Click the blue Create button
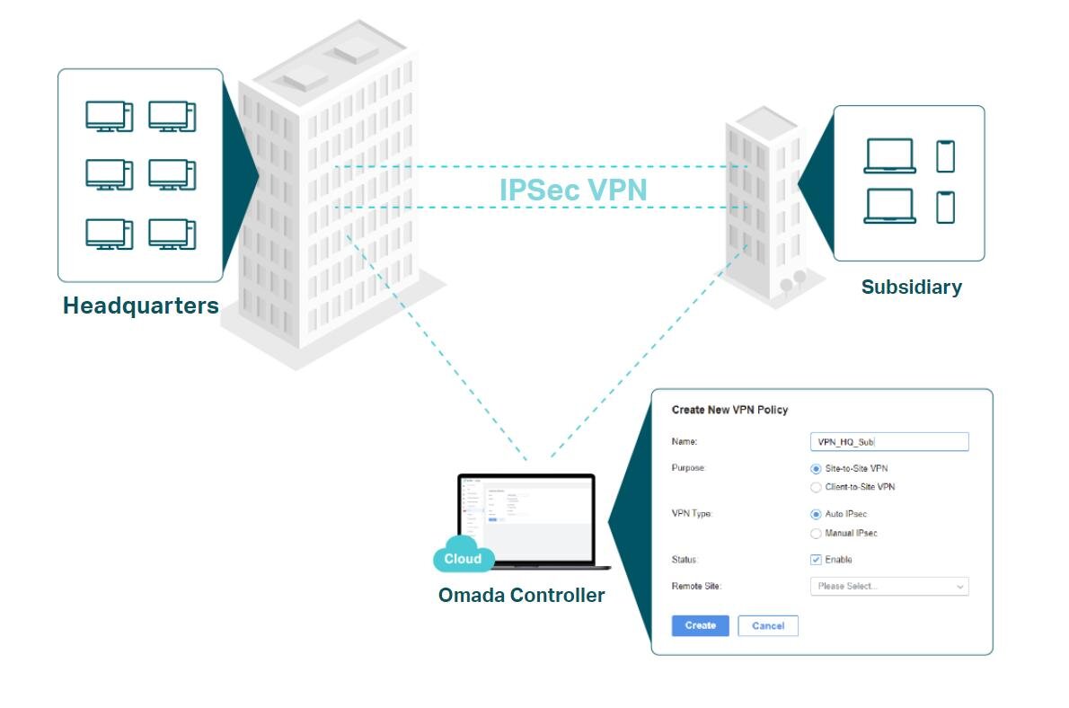click(x=700, y=625)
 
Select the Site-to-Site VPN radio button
click(x=816, y=468)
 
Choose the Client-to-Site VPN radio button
click(x=816, y=487)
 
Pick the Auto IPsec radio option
click(x=816, y=514)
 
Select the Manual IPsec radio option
click(x=816, y=533)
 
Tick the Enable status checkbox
click(x=816, y=560)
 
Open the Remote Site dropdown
click(x=888, y=587)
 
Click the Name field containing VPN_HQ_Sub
click(x=888, y=441)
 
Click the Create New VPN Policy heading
click(x=729, y=410)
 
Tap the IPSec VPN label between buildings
click(x=572, y=190)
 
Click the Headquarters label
click(x=140, y=305)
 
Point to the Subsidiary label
click(x=911, y=288)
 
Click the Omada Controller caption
click(x=521, y=595)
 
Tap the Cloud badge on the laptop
click(x=463, y=558)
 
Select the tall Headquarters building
click(x=328, y=198)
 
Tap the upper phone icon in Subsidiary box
click(x=945, y=156)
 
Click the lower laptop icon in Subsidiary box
click(x=889, y=206)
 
